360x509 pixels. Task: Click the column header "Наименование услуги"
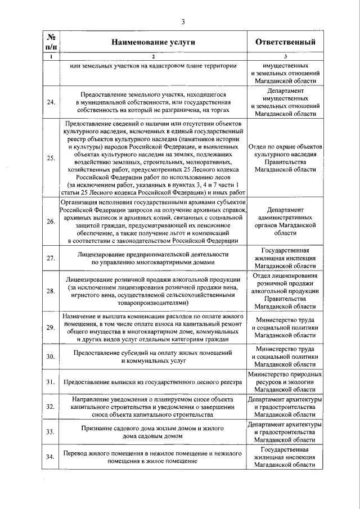[x=152, y=42]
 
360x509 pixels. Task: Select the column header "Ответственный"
[x=285, y=42]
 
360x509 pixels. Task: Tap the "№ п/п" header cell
[x=51, y=42]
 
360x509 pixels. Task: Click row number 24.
[x=51, y=102]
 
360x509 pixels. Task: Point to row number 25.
[x=51, y=157]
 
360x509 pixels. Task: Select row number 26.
[x=51, y=222]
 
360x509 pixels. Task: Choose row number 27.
[x=51, y=258]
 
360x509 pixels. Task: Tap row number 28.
[x=51, y=291]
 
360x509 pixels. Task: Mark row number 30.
[x=51, y=356]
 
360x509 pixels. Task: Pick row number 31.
[x=51, y=382]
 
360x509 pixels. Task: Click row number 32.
[x=51, y=407]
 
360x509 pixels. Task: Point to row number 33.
[x=51, y=431]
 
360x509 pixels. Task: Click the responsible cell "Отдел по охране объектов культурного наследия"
[x=285, y=157]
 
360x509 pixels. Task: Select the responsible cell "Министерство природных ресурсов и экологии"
[x=285, y=382]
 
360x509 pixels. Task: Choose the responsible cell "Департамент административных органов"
[x=285, y=222]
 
